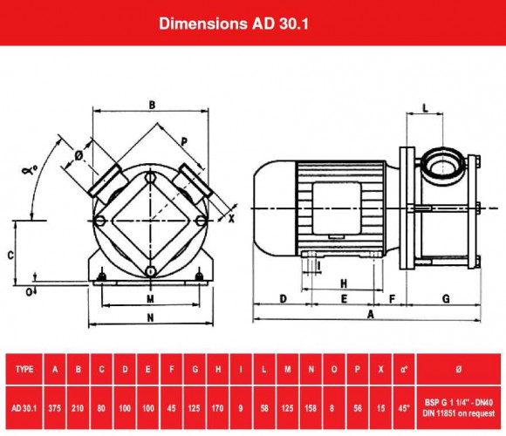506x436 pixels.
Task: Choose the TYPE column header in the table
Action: pyautogui.click(x=25, y=369)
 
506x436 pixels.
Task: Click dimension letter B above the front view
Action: pyautogui.click(x=152, y=106)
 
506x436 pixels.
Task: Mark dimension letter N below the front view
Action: pyautogui.click(x=150, y=317)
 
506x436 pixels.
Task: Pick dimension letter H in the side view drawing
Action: pyautogui.click(x=344, y=283)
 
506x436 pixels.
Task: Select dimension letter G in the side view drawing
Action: pyautogui.click(x=446, y=298)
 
